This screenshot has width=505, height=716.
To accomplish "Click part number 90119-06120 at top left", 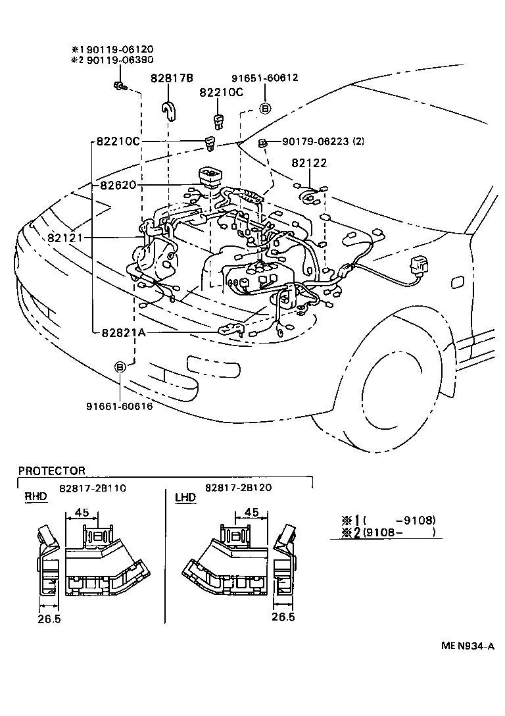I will tap(116, 49).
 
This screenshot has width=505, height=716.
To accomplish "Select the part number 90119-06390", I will tap(116, 60).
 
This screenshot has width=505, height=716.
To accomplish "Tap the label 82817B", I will tap(172, 78).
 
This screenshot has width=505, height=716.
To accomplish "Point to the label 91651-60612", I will tap(265, 78).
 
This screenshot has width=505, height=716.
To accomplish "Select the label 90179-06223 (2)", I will tap(323, 141).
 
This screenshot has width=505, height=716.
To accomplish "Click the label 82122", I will tap(310, 163).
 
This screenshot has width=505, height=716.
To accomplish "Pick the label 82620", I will tap(118, 186).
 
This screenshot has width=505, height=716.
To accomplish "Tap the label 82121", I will tap(64, 237).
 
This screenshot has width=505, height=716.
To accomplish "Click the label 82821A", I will tap(123, 333).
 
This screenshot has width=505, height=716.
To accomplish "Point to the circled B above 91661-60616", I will tap(120, 367).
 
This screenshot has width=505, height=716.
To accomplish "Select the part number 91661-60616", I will tap(119, 406).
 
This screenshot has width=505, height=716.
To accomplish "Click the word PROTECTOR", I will tap(52, 471).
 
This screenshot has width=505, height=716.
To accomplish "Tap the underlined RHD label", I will tap(36, 497).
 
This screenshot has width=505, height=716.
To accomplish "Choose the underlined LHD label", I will tap(185, 497).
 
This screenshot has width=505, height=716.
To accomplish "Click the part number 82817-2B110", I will tap(92, 488).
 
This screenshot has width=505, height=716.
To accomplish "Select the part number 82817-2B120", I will tap(238, 488).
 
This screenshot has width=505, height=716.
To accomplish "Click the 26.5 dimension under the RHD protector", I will tap(48, 619).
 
